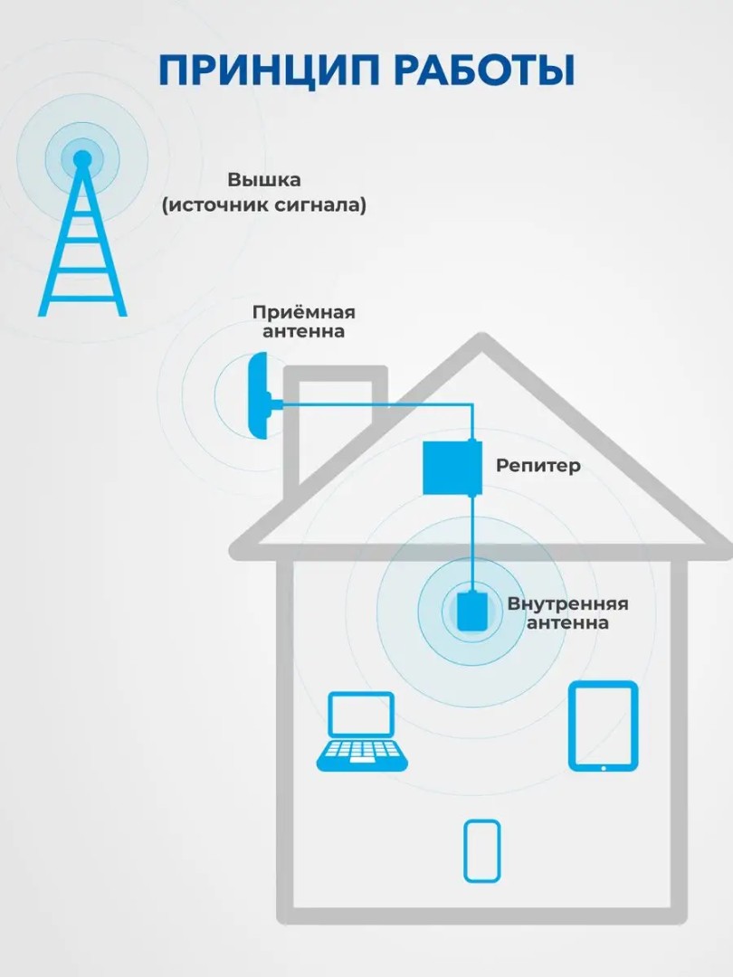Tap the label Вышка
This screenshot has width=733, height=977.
pos(264,179)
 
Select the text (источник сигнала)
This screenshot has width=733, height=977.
pos(264,205)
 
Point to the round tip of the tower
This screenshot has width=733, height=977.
pos(82,159)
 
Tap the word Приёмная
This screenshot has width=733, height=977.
pos(303,312)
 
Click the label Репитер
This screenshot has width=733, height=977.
pos(538,466)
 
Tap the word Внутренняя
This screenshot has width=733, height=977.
pos(567,603)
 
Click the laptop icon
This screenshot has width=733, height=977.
pos(360,731)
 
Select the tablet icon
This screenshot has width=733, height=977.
pos(603,726)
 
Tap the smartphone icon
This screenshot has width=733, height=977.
pos(481,850)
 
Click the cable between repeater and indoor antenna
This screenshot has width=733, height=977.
pos(471,543)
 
